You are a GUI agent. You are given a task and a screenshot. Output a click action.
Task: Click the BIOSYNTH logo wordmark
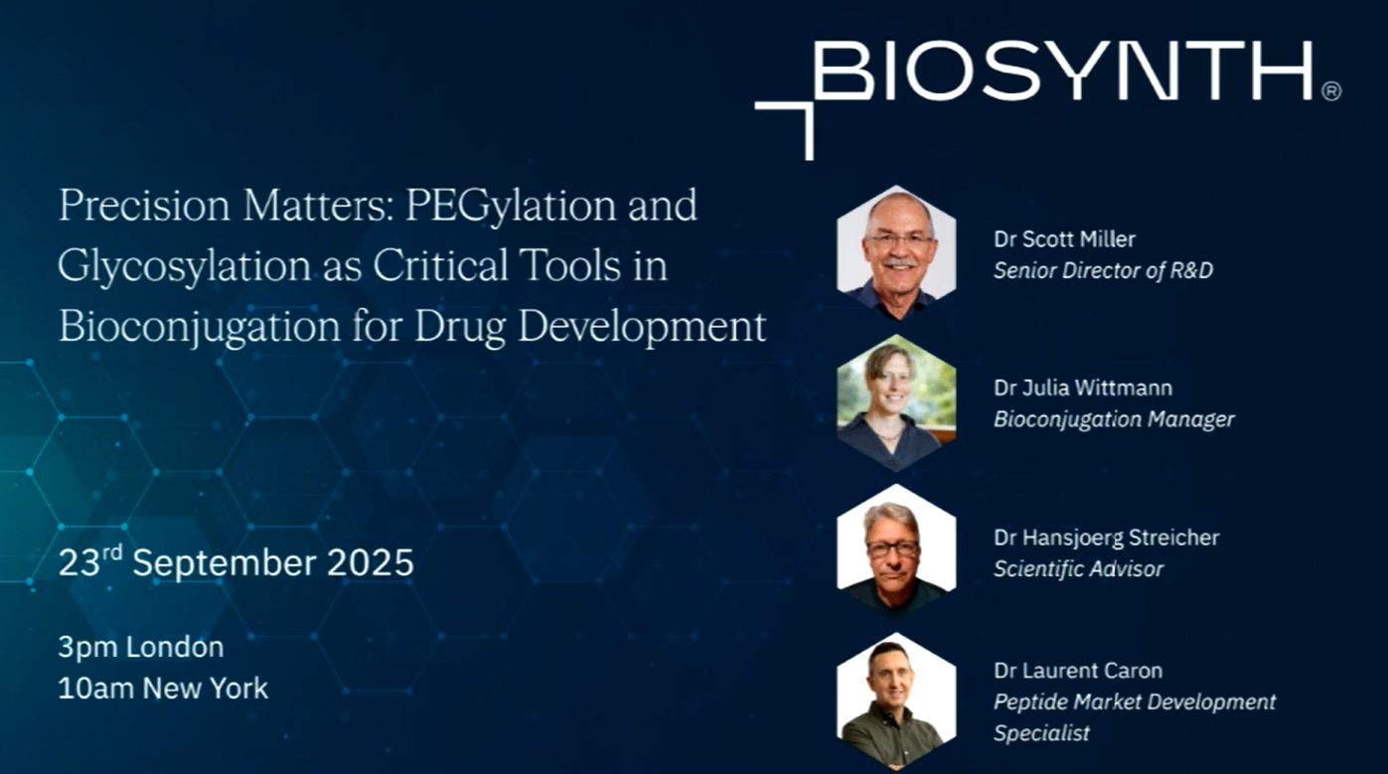point(1062,71)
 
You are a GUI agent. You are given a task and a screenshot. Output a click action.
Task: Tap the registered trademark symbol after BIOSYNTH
point(1331,91)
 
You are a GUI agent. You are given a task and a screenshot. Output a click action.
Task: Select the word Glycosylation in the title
point(185,266)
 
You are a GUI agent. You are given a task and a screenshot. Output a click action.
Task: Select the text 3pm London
point(141,647)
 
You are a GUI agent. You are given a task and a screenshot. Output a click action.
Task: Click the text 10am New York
point(163,689)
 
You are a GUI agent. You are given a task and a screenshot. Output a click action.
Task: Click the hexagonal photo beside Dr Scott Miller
point(896,252)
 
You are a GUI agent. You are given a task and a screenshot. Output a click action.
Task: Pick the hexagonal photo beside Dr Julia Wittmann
point(896,402)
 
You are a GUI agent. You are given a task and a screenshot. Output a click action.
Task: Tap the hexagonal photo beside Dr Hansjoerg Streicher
point(896,550)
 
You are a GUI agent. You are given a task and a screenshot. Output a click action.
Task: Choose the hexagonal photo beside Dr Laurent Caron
point(896,700)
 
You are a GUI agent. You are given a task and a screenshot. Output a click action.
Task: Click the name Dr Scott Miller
point(1064,238)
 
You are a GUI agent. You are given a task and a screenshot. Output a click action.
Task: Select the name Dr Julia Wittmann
point(1083,387)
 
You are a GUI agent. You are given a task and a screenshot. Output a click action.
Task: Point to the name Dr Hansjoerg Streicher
point(1107,538)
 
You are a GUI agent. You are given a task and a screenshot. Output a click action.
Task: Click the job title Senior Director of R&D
point(1104,270)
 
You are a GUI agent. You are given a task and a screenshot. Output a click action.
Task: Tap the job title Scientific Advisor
point(1079,569)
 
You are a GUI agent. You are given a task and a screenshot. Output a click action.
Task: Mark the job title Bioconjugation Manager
point(1114,419)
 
